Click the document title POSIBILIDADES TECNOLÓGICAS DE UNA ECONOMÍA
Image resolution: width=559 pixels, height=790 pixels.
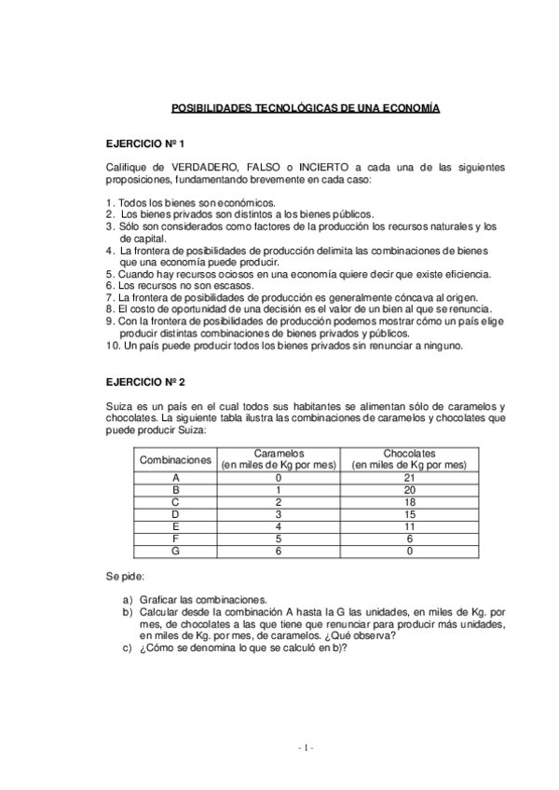click(x=306, y=109)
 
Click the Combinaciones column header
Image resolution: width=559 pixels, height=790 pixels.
click(x=176, y=459)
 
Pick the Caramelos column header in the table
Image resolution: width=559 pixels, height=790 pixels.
click(x=278, y=459)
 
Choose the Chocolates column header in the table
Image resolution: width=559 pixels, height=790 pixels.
click(x=410, y=459)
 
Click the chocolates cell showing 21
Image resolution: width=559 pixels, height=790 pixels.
click(x=410, y=478)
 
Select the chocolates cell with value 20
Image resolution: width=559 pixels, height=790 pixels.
click(x=410, y=491)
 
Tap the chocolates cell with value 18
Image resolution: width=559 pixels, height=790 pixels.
click(x=410, y=503)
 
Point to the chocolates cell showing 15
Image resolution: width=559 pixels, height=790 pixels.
click(x=410, y=515)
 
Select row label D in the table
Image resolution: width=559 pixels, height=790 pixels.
click(x=176, y=515)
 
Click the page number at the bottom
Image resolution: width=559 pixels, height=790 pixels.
click(x=307, y=748)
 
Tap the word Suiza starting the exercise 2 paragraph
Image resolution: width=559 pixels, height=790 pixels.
click(x=121, y=406)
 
